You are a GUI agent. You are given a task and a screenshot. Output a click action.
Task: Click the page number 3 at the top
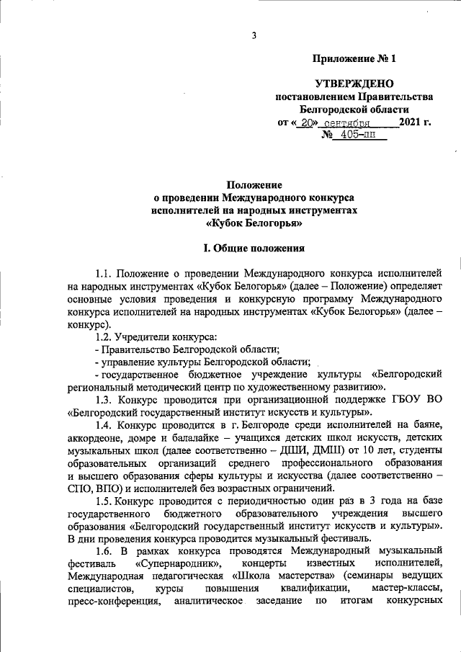(x=254, y=36)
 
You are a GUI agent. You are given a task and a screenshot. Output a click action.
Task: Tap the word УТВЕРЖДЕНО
(x=354, y=85)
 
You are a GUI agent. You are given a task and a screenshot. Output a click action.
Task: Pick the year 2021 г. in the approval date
(x=414, y=122)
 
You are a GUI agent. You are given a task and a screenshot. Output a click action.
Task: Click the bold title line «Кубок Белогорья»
(x=254, y=223)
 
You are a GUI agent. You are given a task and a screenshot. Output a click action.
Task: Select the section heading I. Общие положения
(x=254, y=249)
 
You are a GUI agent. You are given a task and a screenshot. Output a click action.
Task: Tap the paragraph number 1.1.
(x=104, y=275)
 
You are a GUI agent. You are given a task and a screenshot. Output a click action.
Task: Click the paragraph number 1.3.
(x=104, y=399)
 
